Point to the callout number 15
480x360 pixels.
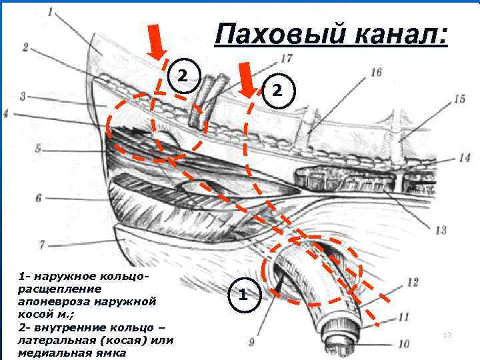pos(459,99)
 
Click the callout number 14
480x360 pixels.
pos(465,158)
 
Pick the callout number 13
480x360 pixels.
pos(440,230)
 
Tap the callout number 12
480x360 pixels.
pos(413,281)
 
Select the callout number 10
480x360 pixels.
pos(403,344)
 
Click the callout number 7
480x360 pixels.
pos(42,244)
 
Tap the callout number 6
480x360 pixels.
pos(38,198)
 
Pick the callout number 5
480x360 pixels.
pos(38,147)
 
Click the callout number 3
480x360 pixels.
pos(23,97)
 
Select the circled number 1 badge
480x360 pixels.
pos(244,294)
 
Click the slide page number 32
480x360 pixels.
pos(446,333)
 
